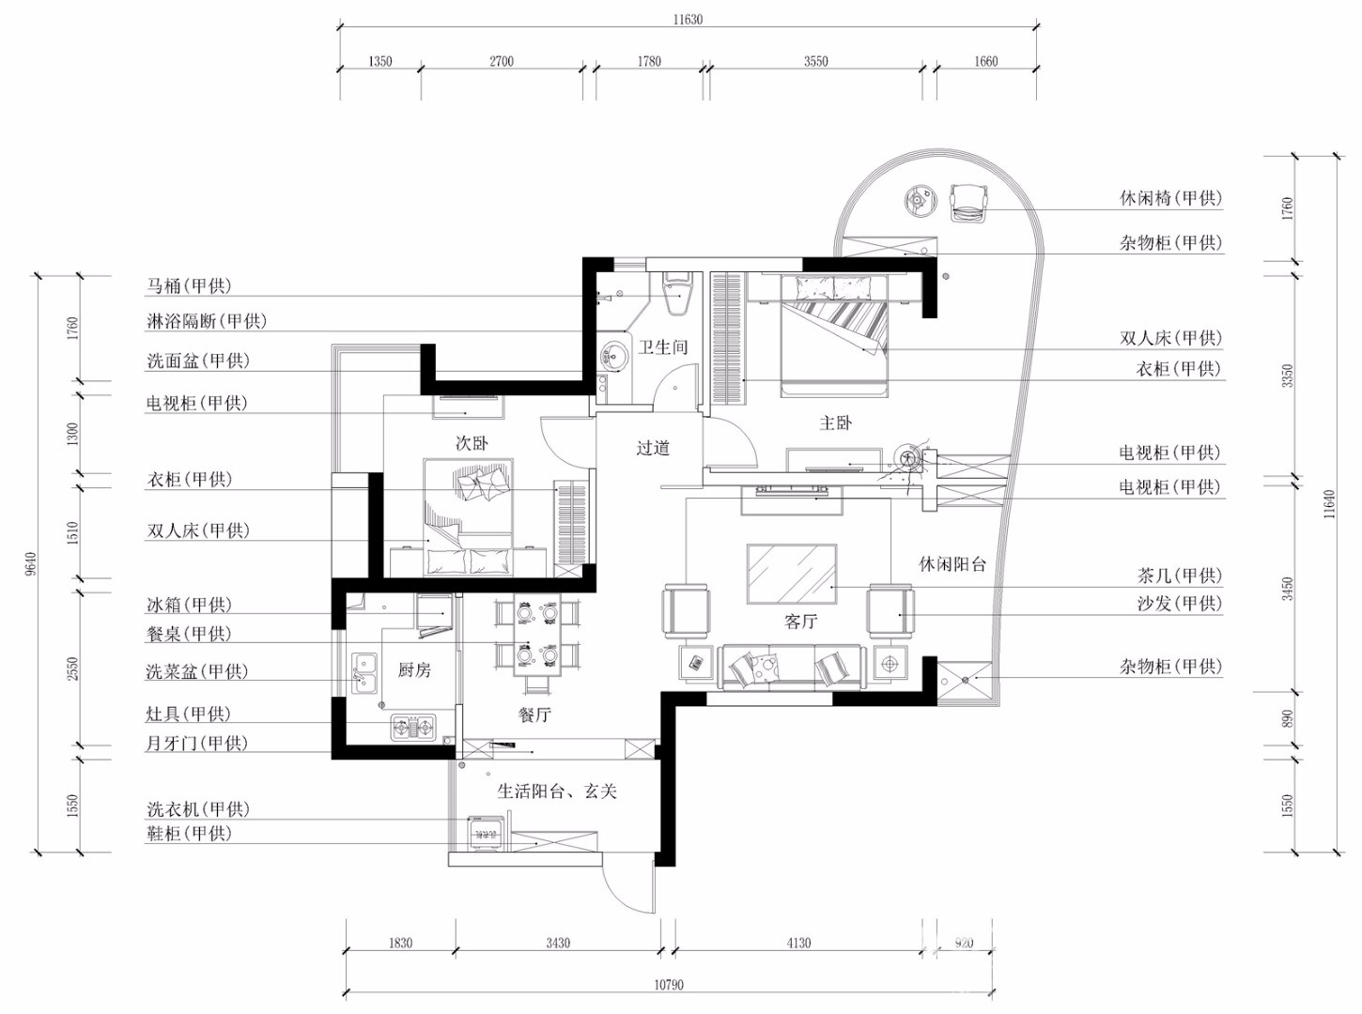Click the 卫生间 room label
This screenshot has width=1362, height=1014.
662,347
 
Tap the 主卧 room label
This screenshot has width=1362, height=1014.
835,422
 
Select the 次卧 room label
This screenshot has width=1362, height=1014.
472,443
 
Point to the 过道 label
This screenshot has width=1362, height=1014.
653,448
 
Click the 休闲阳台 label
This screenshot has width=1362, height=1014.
952,564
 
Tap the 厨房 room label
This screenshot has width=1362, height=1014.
414,669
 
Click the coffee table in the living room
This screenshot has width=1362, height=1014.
792,574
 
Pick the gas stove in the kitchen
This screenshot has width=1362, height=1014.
413,729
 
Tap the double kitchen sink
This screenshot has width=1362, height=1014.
364,674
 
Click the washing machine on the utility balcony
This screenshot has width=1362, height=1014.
487,833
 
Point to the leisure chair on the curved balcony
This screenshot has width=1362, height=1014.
969,203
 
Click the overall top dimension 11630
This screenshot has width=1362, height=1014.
688,19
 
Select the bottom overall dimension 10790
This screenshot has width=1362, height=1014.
668,985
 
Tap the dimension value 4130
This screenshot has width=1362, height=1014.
799,943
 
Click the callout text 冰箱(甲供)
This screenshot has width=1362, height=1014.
190,605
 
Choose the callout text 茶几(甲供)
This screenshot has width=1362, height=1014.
1180,576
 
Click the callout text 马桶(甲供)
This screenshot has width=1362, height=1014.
190,285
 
